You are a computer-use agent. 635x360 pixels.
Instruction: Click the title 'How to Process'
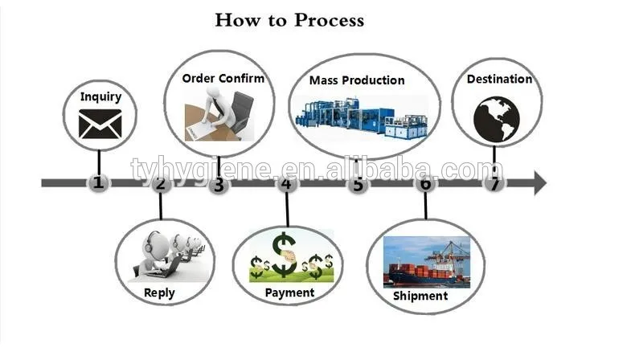[289, 20]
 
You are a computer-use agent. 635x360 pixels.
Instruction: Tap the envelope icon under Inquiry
[100, 124]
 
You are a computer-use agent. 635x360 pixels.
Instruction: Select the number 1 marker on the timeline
[98, 182]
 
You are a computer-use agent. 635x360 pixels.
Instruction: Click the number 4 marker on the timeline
[287, 183]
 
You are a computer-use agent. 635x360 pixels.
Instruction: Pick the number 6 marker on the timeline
[425, 183]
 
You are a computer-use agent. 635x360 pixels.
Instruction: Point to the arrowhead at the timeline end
[540, 183]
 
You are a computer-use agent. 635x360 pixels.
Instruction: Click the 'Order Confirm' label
[223, 78]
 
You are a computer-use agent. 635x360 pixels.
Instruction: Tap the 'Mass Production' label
[357, 80]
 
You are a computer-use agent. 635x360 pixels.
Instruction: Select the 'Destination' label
[499, 79]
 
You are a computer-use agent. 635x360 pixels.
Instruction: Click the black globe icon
[497, 119]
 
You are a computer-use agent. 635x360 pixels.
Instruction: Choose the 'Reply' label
[159, 292]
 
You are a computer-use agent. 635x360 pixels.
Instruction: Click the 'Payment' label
[289, 292]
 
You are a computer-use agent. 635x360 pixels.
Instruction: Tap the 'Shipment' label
[420, 296]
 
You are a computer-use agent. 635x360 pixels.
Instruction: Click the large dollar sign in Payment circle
[284, 254]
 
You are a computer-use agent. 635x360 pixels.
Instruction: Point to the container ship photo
[427, 262]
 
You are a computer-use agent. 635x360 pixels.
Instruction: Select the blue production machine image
[362, 118]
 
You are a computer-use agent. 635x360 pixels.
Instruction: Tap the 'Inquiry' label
[100, 96]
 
